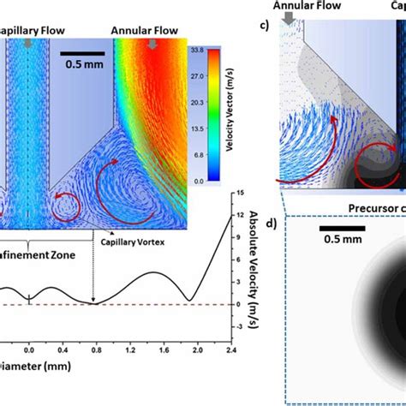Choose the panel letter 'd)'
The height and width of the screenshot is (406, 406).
272,224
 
